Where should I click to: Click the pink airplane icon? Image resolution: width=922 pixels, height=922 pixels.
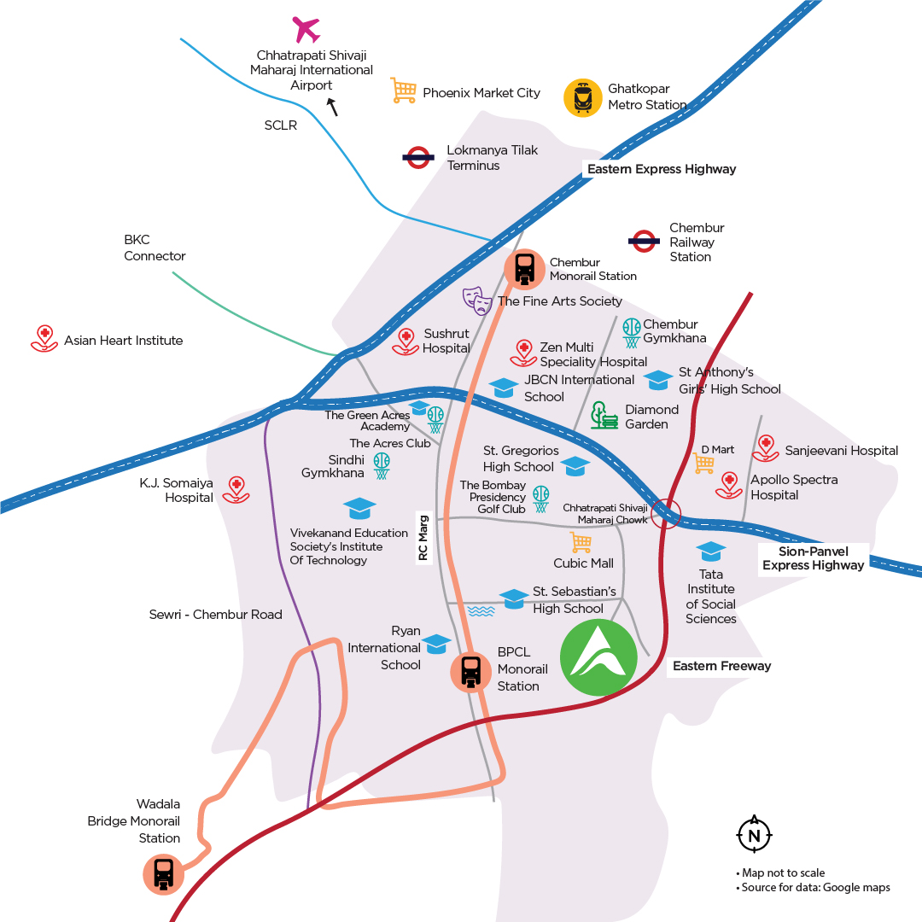point(306,29)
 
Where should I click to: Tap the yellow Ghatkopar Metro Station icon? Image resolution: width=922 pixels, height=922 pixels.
point(583,97)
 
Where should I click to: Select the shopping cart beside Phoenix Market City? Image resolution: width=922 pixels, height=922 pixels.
point(403,91)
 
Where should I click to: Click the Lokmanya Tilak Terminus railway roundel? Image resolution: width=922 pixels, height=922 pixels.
point(418,157)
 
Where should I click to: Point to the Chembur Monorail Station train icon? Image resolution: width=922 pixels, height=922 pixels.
point(524,269)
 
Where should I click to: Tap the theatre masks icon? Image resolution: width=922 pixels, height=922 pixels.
point(477,301)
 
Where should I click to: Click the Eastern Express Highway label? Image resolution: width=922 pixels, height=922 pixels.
point(662,169)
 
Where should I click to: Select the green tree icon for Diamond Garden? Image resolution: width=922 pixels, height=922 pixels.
point(604,415)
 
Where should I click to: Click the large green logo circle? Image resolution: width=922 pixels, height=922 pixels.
point(598,657)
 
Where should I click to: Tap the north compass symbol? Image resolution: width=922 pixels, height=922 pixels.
point(754,834)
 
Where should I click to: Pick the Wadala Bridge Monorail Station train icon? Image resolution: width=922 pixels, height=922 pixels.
point(163,874)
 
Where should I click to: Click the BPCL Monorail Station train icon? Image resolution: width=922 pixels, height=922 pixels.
point(470,672)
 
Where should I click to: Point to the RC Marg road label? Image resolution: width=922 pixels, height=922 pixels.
point(423,538)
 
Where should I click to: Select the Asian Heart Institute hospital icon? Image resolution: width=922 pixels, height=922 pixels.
point(44,339)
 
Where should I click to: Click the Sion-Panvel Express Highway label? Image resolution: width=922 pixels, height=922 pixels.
point(814,558)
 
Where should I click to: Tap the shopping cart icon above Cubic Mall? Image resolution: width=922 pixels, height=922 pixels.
point(581,542)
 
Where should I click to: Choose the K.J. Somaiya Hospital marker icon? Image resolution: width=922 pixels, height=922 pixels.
point(236,490)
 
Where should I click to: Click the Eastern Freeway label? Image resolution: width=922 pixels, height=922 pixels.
point(721,666)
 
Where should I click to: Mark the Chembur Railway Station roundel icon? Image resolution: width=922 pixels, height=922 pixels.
point(644,241)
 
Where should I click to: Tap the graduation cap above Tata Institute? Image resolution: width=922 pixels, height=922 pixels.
point(711,551)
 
